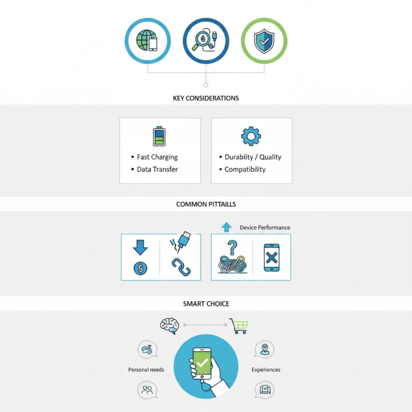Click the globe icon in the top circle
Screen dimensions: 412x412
pos(145,40)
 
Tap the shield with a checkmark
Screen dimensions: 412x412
pos(264,41)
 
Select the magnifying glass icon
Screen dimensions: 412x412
pos(201,40)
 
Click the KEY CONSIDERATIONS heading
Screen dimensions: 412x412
pos(206,98)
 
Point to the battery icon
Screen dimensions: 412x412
pos(159,136)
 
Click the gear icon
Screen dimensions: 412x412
pos(251,136)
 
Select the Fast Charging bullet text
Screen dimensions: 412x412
pos(157,157)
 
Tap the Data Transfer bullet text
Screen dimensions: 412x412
pos(158,169)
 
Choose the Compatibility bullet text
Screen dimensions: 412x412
pos(245,169)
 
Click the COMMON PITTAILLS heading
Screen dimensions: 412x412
pos(206,204)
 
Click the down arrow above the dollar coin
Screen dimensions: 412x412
pos(140,247)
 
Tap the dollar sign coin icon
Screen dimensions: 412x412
pos(141,268)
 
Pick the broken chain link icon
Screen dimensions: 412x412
pos(181,267)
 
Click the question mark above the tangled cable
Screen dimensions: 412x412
pos(232,248)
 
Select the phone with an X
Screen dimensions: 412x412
pos(271,257)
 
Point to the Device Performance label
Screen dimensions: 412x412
pos(265,228)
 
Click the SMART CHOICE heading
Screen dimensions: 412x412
pos(206,304)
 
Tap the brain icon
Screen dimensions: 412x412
pos(170,326)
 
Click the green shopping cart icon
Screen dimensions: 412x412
pos(239,326)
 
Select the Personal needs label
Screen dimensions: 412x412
pos(146,370)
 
